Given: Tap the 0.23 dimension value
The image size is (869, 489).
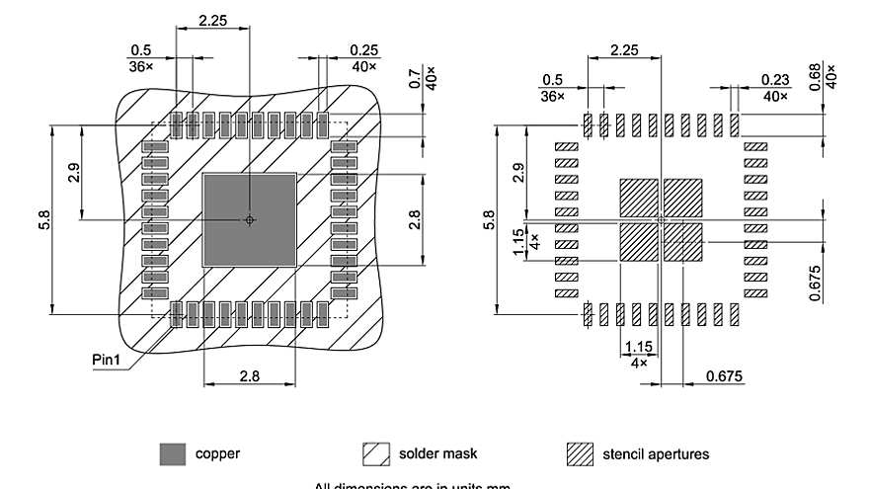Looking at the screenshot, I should [775, 80].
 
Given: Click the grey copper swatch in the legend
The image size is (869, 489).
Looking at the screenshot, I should [173, 454].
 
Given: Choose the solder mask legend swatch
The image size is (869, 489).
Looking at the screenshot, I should [376, 454].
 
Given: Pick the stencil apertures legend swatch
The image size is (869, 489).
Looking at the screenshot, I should [580, 454].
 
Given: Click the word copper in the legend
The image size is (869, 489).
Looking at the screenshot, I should [217, 454].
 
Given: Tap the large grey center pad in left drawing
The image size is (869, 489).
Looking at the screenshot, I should [249, 219].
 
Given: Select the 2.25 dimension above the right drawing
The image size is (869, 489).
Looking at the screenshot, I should [625, 50].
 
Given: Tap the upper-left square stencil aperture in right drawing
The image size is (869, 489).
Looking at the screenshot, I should [638, 197].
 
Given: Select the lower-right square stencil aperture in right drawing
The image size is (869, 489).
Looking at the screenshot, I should [682, 241].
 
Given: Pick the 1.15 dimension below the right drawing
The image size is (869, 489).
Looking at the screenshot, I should [638, 348].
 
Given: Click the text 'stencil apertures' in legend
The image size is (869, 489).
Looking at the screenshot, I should [656, 454].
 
